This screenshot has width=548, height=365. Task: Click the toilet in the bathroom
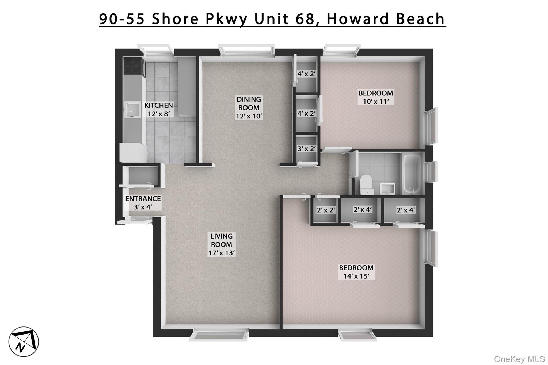[366, 184]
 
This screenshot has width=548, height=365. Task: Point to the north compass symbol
[24, 341]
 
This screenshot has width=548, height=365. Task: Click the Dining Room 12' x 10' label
[249, 107]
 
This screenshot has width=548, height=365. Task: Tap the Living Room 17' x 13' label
[222, 244]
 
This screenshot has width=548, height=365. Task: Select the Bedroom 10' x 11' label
[376, 97]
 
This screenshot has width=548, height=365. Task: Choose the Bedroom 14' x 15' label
[356, 272]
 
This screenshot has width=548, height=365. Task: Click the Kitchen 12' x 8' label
[159, 109]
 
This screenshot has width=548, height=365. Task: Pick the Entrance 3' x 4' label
[143, 203]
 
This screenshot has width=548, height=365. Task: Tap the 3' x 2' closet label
[307, 148]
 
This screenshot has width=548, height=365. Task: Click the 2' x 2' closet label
[326, 210]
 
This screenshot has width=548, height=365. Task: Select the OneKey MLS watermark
[519, 359]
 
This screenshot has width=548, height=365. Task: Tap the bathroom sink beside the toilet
[387, 188]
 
